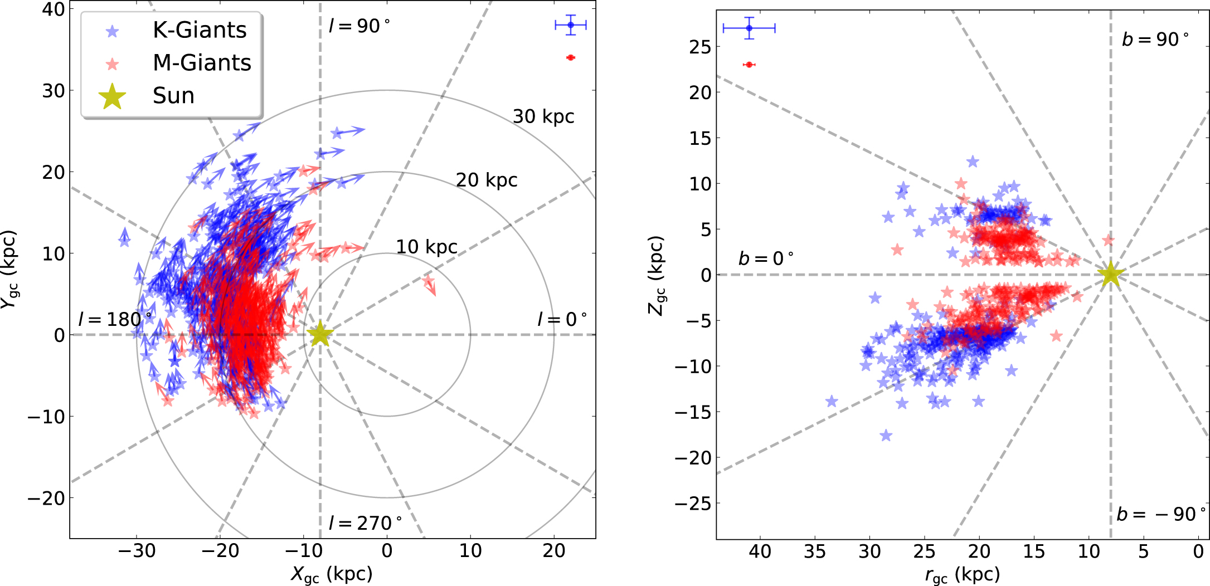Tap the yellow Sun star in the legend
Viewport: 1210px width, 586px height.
point(112,96)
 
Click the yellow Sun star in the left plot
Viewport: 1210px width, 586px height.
point(320,334)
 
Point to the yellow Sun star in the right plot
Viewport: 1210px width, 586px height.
point(1110,274)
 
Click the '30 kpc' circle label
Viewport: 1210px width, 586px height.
point(543,116)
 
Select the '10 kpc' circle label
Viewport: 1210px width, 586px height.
point(426,247)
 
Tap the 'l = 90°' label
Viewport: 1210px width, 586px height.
point(359,26)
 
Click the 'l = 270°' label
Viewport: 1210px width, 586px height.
point(365,523)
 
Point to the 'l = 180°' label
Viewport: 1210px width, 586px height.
point(115,319)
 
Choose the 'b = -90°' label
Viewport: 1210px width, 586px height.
point(1161,514)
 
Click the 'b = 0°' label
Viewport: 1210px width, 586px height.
point(766,258)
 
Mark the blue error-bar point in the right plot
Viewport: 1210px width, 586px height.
point(749,28)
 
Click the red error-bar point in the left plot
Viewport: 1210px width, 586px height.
point(570,57)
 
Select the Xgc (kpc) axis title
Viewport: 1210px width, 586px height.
point(331,574)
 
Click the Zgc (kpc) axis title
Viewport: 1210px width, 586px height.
point(656,275)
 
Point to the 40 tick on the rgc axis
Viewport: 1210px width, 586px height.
point(760,551)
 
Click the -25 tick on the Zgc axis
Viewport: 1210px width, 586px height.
point(693,504)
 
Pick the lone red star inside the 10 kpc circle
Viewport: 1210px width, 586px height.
point(428,281)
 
